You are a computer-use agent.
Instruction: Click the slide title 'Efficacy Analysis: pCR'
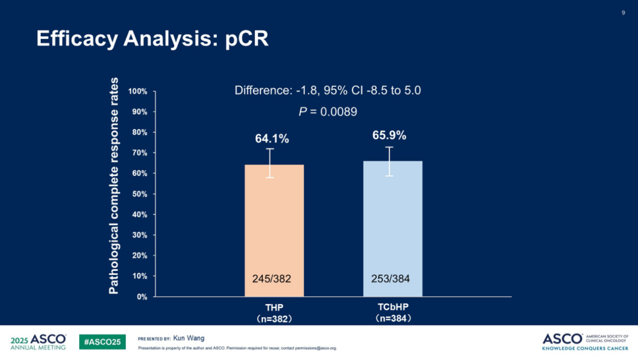(x=152, y=38)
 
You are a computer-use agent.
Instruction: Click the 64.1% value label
(x=272, y=139)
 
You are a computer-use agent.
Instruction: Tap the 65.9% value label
(x=389, y=135)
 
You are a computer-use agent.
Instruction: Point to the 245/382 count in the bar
(x=272, y=278)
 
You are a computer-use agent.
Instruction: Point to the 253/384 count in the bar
(x=390, y=278)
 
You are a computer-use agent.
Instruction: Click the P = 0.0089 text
(x=328, y=111)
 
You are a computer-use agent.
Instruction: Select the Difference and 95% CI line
(x=328, y=90)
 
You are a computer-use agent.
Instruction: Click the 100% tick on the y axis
(x=138, y=92)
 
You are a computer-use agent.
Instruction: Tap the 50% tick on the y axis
(x=139, y=194)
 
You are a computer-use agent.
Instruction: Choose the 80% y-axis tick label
(x=139, y=132)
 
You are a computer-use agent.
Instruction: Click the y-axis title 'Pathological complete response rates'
(x=114, y=186)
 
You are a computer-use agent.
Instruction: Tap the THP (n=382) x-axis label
(x=274, y=313)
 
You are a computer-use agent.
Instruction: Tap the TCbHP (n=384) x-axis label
(x=393, y=313)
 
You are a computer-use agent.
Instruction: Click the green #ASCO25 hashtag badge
(x=102, y=342)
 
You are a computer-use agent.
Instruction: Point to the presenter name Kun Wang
(x=188, y=338)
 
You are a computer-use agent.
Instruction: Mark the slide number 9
(x=623, y=13)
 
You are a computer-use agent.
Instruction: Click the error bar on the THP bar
(x=270, y=163)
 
